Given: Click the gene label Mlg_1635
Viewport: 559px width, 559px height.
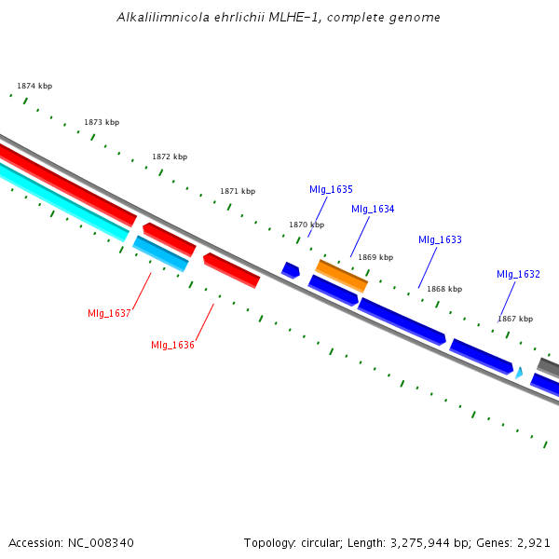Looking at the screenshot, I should (x=331, y=189).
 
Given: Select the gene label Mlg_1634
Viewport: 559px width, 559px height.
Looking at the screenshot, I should (x=373, y=209).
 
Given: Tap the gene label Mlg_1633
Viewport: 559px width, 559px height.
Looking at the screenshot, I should (x=440, y=239).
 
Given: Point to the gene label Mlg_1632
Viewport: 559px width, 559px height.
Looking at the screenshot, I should (x=518, y=274).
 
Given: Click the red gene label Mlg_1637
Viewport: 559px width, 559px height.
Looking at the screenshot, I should (x=109, y=313).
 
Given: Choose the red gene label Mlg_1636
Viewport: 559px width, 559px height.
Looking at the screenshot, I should (x=172, y=345).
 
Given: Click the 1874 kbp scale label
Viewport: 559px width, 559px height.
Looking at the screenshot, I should (x=34, y=86).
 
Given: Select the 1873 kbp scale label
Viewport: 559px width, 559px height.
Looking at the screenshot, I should (x=102, y=122).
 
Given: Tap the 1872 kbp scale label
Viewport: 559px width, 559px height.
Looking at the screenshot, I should (x=170, y=157).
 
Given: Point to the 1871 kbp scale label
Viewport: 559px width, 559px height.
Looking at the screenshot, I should (x=238, y=191).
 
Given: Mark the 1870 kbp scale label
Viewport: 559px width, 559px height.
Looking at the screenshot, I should (x=307, y=225).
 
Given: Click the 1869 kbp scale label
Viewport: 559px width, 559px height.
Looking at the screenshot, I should (x=375, y=257).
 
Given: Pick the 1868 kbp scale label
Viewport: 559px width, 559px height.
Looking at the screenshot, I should (x=444, y=289).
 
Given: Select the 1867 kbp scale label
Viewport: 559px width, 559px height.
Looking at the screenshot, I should (x=515, y=319).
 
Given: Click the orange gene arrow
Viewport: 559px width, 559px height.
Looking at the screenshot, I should (x=342, y=275).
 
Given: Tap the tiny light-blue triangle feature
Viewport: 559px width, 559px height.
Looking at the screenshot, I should (x=519, y=373).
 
